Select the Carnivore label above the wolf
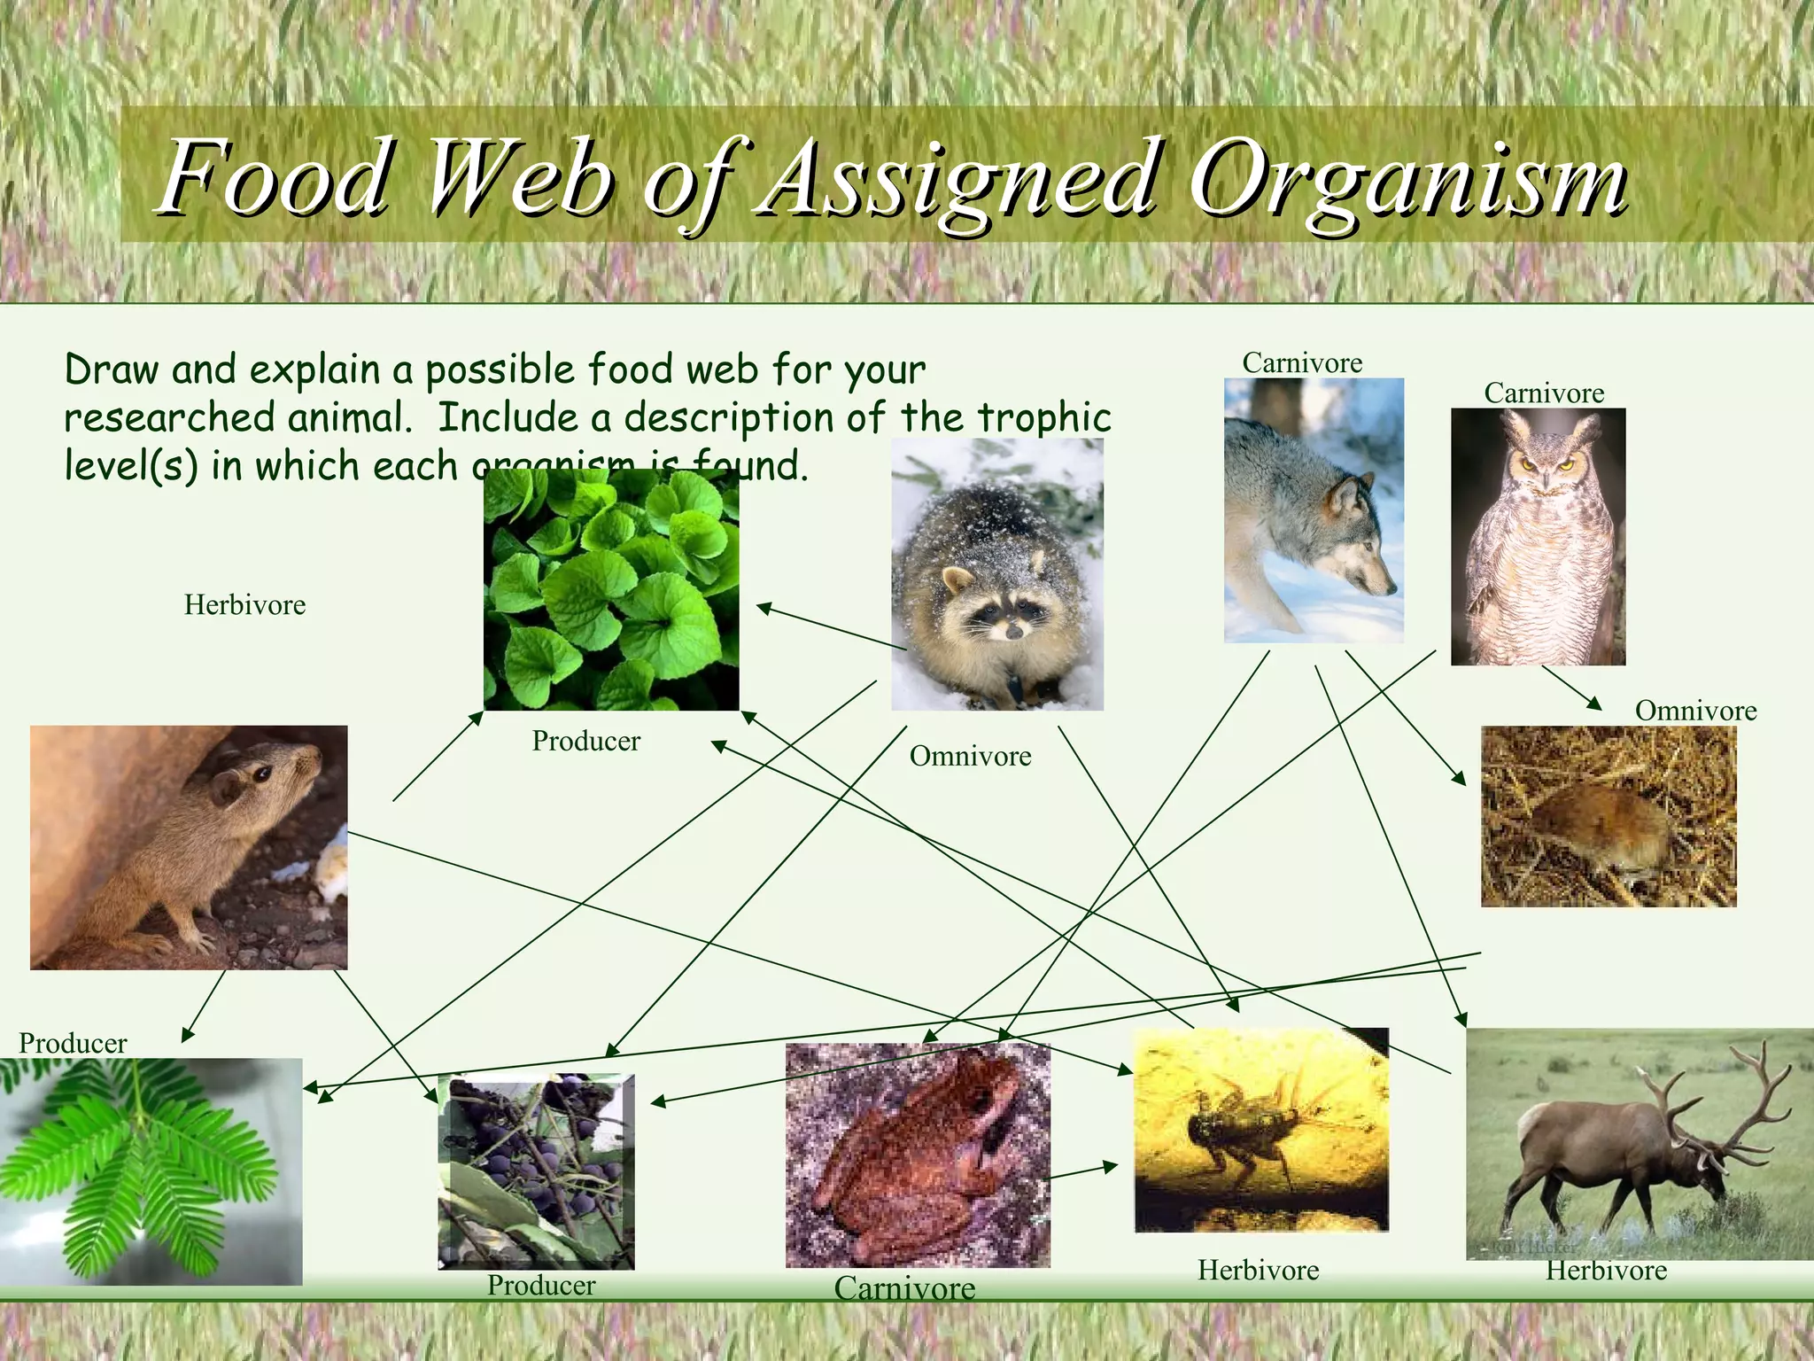1301,363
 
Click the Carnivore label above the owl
1543,393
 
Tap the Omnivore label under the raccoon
970,757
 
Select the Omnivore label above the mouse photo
1694,711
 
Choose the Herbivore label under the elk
1606,1271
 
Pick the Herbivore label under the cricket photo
1258,1271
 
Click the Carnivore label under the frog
903,1287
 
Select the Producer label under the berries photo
541,1285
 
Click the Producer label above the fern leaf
73,1043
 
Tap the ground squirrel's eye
263,774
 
